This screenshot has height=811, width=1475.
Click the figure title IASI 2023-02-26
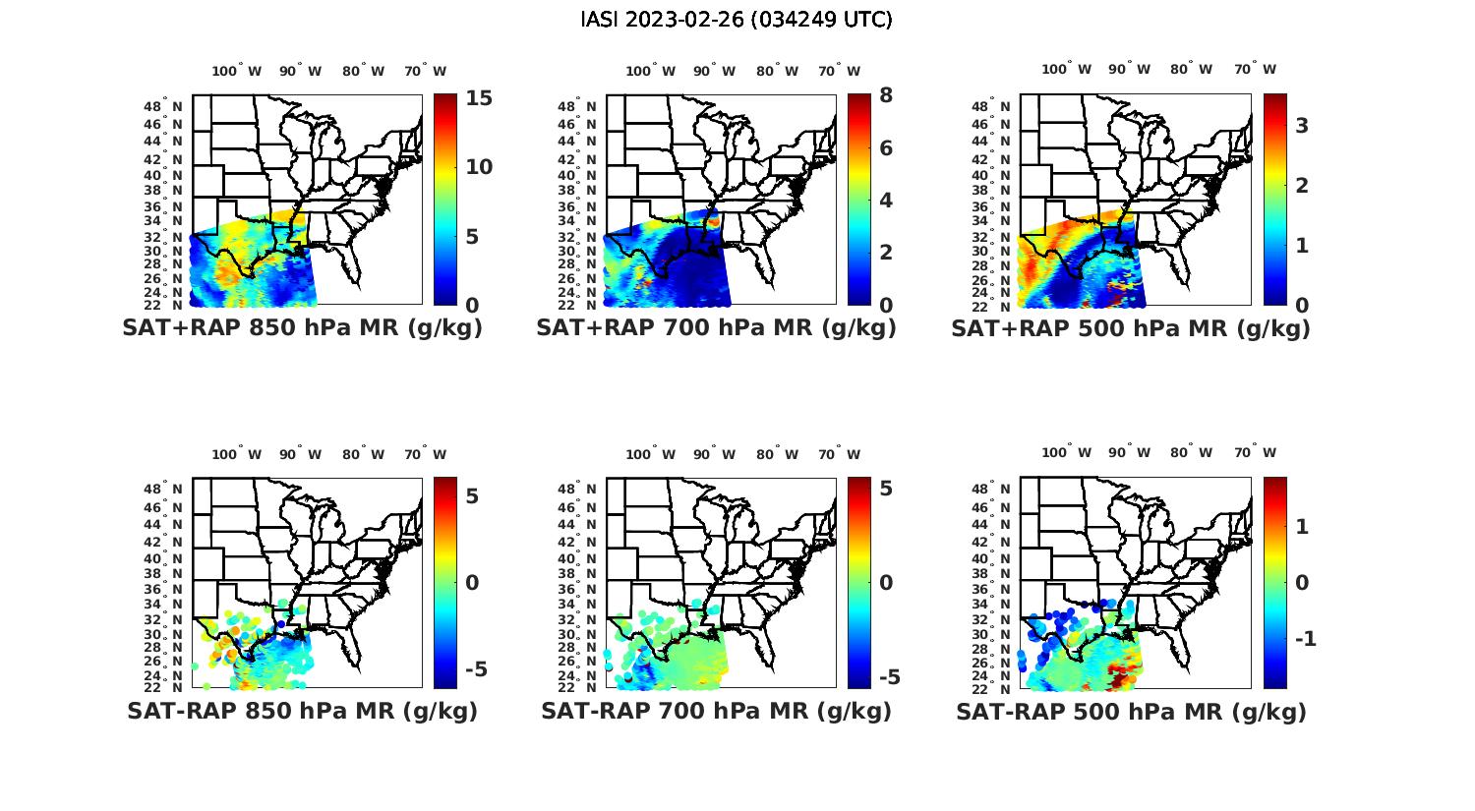pyautogui.click(x=737, y=20)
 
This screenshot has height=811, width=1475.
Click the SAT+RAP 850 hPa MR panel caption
pyautogui.click(x=302, y=328)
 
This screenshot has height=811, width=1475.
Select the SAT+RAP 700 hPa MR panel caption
pyautogui.click(x=716, y=328)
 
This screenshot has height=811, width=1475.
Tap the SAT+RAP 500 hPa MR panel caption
pyautogui.click(x=1131, y=328)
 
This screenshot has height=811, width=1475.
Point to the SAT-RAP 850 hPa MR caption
pyautogui.click(x=302, y=711)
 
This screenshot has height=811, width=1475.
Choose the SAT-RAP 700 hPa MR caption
pyautogui.click(x=716, y=711)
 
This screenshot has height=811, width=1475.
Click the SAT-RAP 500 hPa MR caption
pyautogui.click(x=1131, y=712)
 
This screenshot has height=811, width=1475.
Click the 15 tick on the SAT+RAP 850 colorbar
pyautogui.click(x=479, y=98)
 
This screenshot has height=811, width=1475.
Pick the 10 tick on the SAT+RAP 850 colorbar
pyautogui.click(x=479, y=167)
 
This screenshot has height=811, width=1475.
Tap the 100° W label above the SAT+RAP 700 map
pyautogui.click(x=650, y=71)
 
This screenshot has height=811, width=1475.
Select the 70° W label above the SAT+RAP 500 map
pyautogui.click(x=1255, y=69)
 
